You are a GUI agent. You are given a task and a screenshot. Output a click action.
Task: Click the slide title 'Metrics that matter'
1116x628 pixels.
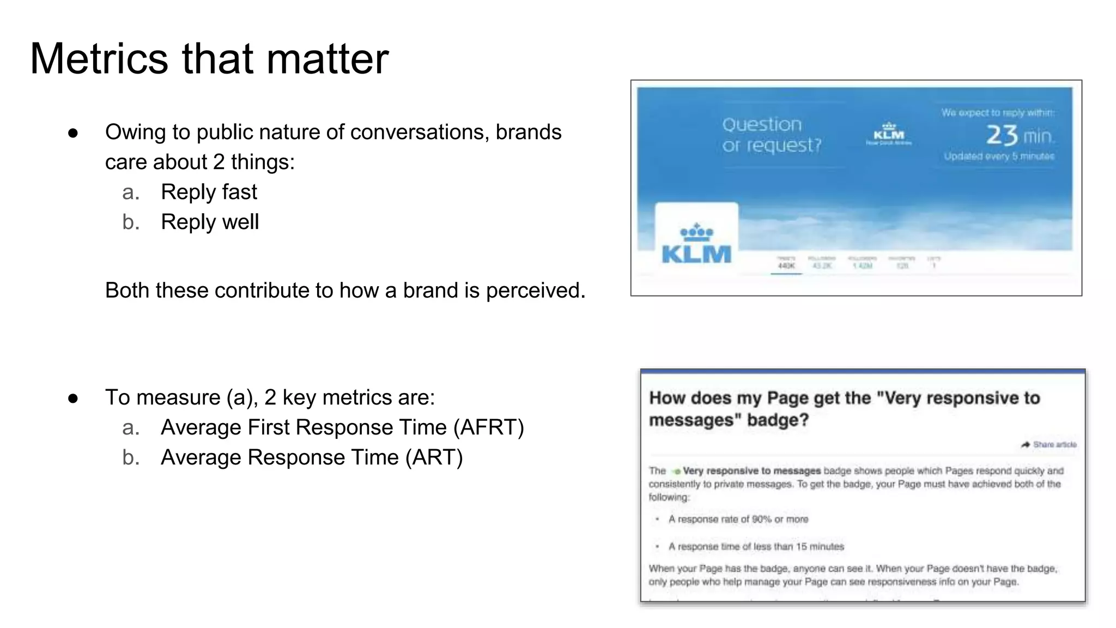pyautogui.click(x=209, y=58)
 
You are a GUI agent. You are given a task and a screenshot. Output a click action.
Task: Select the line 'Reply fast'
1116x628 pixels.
pyautogui.click(x=209, y=192)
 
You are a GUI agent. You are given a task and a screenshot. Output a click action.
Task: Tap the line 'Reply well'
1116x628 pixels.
pyautogui.click(x=210, y=222)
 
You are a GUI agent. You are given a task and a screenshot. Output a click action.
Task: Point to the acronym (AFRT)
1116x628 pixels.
pyautogui.click(x=489, y=427)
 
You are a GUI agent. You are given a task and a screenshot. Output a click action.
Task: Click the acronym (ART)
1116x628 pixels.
pyautogui.click(x=434, y=457)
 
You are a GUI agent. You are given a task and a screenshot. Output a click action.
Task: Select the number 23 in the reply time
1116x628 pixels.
pyautogui.click(x=1002, y=135)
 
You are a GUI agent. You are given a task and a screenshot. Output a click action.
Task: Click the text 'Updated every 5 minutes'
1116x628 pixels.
pyautogui.click(x=999, y=156)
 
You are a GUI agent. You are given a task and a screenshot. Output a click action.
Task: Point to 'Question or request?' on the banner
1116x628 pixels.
pyautogui.click(x=771, y=135)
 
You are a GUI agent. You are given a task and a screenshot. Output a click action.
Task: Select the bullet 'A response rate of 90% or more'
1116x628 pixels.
pyautogui.click(x=738, y=520)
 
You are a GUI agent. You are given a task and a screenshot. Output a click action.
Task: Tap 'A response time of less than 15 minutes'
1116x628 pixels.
pyautogui.click(x=756, y=547)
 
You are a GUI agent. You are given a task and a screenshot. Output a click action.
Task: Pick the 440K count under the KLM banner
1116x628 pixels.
pyautogui.click(x=786, y=266)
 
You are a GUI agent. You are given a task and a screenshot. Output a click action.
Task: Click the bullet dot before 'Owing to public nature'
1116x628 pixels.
pyautogui.click(x=73, y=133)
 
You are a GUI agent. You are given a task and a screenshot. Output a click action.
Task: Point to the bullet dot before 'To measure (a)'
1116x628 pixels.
pyautogui.click(x=73, y=398)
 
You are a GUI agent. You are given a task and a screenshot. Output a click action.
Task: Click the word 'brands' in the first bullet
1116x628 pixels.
pyautogui.click(x=529, y=132)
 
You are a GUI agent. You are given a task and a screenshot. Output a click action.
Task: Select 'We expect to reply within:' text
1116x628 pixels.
pyautogui.click(x=997, y=113)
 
